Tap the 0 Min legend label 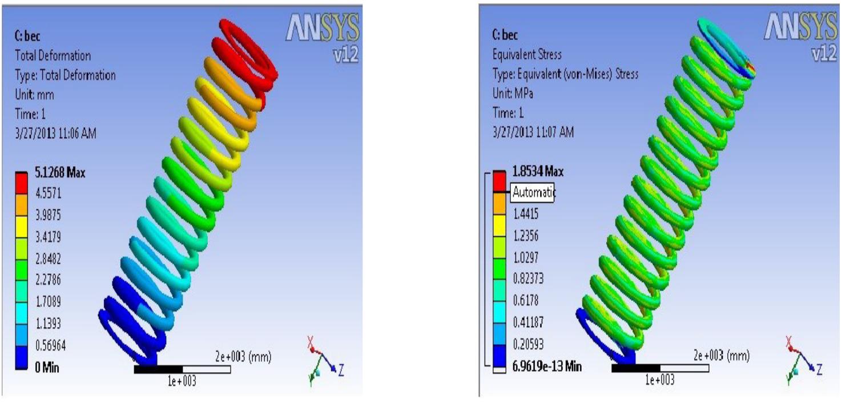pos(46,368)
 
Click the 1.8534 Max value pos(536,171)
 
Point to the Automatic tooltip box pos(533,192)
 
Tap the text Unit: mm pos(35,94)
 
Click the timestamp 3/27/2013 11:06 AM pos(55,134)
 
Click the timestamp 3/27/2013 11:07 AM pos(533,132)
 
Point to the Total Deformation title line pos(53,56)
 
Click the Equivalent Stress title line pos(527,55)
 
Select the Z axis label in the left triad pos(341,371)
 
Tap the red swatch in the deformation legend pos(21,183)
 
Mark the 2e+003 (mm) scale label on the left pos(243,357)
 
